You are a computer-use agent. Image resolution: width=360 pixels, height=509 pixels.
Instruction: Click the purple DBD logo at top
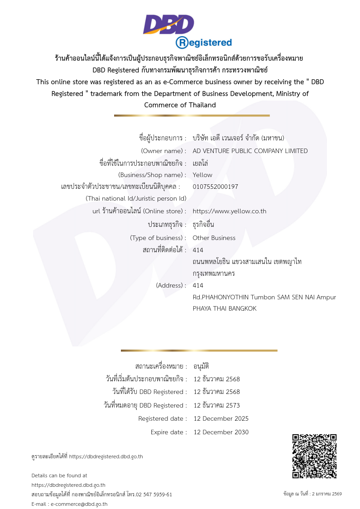pos(168,24)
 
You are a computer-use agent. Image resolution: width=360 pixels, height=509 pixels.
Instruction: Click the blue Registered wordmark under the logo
pos(204,43)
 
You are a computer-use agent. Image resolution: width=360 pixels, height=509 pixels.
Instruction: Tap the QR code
pos(314,456)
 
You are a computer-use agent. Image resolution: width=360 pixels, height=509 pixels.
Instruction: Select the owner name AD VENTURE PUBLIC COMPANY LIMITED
pos(250,151)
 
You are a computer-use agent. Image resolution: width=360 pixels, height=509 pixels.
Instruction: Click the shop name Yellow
pos(202,175)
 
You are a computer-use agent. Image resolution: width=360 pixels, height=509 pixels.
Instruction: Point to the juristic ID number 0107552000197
pos(215,187)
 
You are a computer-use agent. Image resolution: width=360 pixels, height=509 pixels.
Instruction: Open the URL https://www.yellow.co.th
pos(229,211)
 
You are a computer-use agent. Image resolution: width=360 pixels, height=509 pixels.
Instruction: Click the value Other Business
pos(214,238)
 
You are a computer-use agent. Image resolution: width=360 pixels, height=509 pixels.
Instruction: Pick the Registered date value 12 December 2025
pos(221,418)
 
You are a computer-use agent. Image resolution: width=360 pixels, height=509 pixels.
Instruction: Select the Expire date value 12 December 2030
pos(221,432)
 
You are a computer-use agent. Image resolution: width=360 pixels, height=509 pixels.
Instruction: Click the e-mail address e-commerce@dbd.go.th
pos(79,504)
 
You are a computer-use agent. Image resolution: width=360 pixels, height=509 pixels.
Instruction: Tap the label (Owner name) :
pos(163,151)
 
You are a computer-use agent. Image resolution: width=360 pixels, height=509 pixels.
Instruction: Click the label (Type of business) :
pos(158,238)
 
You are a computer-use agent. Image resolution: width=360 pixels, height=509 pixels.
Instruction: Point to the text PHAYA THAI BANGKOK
pos(225,308)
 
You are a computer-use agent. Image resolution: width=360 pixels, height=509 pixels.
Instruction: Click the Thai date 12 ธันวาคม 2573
pos(216,405)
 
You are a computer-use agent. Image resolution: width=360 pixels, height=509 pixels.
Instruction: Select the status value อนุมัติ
pos(201,366)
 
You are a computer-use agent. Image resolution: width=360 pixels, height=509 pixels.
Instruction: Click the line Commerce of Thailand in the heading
pos(180,105)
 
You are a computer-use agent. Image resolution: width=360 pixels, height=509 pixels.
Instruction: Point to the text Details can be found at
pos(59,475)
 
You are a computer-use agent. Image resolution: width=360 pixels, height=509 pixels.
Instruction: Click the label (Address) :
pos(171,285)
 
